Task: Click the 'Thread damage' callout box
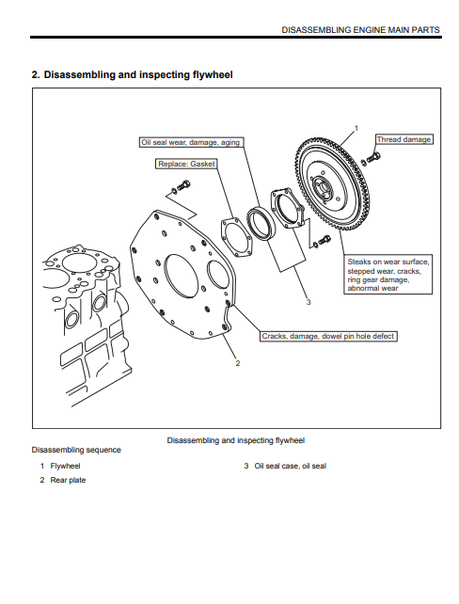(x=404, y=139)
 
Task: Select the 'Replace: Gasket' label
(x=186, y=164)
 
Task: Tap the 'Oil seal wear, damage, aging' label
(x=191, y=142)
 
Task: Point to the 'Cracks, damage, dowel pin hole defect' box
(x=328, y=336)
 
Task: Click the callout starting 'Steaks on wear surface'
(x=388, y=275)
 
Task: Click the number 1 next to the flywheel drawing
(x=356, y=128)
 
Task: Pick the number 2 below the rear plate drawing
(x=238, y=363)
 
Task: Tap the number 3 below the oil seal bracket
(x=309, y=302)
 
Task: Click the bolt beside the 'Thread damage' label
(x=372, y=158)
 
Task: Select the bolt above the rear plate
(x=181, y=186)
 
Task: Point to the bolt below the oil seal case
(x=322, y=241)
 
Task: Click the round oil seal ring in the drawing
(x=261, y=223)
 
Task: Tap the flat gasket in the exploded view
(x=236, y=237)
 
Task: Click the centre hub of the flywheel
(x=321, y=188)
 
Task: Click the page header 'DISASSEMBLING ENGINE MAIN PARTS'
(x=360, y=30)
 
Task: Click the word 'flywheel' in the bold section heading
(x=213, y=74)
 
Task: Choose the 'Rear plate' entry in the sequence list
(x=68, y=480)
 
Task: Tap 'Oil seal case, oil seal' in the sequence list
(x=291, y=466)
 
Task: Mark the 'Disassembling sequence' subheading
(x=76, y=450)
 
